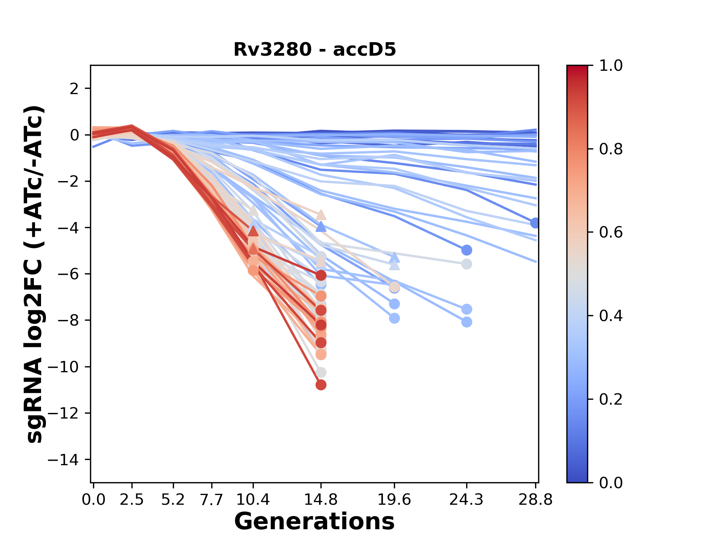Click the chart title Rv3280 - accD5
click(314, 50)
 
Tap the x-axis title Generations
click(314, 522)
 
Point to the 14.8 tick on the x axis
click(321, 500)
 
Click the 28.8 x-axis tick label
click(535, 500)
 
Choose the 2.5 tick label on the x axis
click(132, 500)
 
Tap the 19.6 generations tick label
click(394, 500)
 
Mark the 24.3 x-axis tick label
click(467, 500)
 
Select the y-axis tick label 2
click(75, 88)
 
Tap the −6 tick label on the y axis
click(68, 274)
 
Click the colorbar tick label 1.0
click(611, 66)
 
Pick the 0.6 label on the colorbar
click(611, 232)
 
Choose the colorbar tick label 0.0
click(611, 483)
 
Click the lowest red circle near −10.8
click(321, 385)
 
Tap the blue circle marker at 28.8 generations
click(535, 223)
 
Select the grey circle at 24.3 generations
click(467, 264)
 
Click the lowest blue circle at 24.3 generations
click(467, 322)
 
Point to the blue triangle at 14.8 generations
click(321, 227)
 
